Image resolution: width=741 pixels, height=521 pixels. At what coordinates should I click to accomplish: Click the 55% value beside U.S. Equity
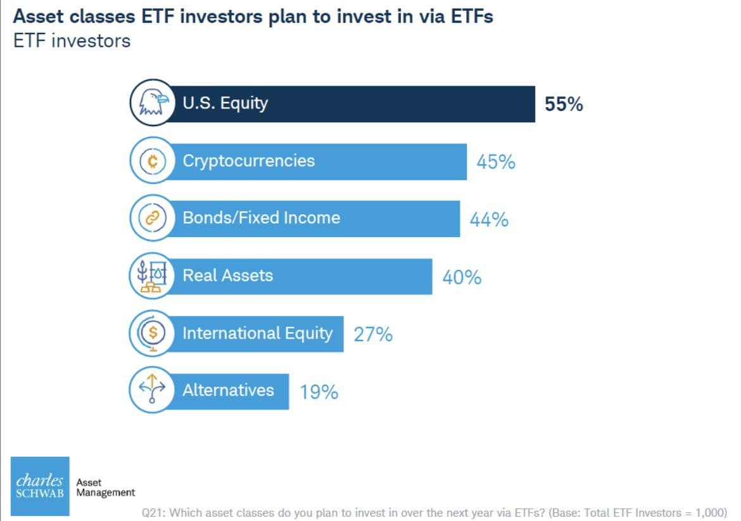[563, 105]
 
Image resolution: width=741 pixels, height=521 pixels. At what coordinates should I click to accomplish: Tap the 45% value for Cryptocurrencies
[496, 162]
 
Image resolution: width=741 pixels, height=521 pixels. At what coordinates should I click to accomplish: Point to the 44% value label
[489, 220]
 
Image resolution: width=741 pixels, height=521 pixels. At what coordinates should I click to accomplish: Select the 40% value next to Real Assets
[462, 278]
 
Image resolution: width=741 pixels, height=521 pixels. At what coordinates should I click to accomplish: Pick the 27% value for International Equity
[373, 335]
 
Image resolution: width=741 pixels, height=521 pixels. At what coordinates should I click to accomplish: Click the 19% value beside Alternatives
[319, 392]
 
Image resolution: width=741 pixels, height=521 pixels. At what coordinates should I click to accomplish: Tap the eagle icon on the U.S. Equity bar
[151, 103]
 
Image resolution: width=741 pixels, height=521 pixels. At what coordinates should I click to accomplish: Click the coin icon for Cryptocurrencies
[151, 161]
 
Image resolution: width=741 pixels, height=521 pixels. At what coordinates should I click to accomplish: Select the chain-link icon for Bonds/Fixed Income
[151, 219]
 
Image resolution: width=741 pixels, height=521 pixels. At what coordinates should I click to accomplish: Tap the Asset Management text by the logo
[105, 487]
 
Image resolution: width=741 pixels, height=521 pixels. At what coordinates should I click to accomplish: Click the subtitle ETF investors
[72, 41]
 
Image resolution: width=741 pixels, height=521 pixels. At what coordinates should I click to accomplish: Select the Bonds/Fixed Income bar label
[261, 218]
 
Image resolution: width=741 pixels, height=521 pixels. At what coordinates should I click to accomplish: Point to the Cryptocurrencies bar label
[248, 160]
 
